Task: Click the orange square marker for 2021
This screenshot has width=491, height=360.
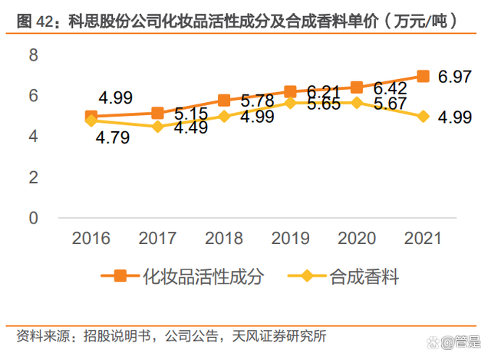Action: point(423,76)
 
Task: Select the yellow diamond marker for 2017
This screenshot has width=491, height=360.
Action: point(157,127)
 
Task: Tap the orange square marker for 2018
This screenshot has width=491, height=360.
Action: point(224,101)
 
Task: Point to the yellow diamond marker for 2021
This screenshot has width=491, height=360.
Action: point(423,117)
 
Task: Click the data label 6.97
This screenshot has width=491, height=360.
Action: point(455,77)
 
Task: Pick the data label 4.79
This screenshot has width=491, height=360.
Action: point(113,138)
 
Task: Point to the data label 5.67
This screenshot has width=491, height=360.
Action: point(390,104)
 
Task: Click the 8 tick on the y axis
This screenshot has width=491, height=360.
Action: point(33,55)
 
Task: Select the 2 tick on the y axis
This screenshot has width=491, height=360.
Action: point(33,177)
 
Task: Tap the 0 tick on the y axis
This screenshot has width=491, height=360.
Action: point(33,218)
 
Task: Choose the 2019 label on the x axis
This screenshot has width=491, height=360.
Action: point(290,238)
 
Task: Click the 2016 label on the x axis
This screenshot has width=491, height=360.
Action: point(91,238)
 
